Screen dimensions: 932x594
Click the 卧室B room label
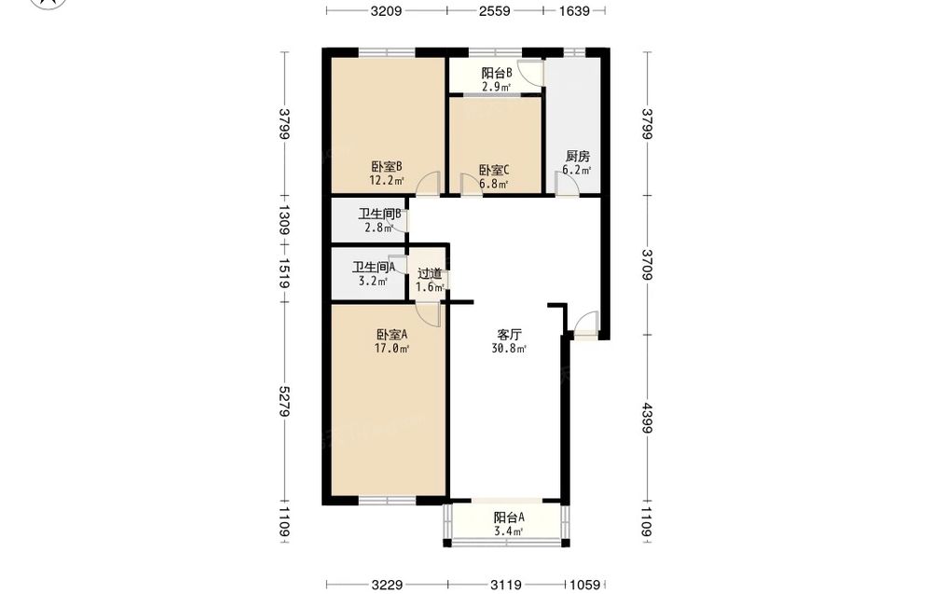click(387, 167)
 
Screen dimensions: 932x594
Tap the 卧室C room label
click(495, 171)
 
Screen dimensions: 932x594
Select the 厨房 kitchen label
click(577, 157)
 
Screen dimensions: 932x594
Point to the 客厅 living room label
click(510, 335)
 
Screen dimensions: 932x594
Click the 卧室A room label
click(391, 335)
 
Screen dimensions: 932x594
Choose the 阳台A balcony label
click(509, 518)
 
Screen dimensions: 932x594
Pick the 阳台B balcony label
click(497, 73)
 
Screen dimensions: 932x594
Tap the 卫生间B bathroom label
click(382, 214)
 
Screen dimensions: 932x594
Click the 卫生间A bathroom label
click(374, 268)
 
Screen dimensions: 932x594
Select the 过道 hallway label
click(430, 274)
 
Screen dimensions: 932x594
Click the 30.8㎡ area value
click(510, 349)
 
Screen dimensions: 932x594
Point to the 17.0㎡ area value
click(391, 349)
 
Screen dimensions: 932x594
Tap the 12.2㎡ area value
click(387, 181)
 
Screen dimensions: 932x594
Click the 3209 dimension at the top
click(387, 10)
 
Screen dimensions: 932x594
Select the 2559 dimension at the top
click(495, 10)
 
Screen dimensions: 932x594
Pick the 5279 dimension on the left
click(284, 401)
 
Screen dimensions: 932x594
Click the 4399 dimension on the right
click(648, 420)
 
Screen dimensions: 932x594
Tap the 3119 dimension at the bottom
click(506, 585)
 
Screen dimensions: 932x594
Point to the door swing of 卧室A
click(428, 312)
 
